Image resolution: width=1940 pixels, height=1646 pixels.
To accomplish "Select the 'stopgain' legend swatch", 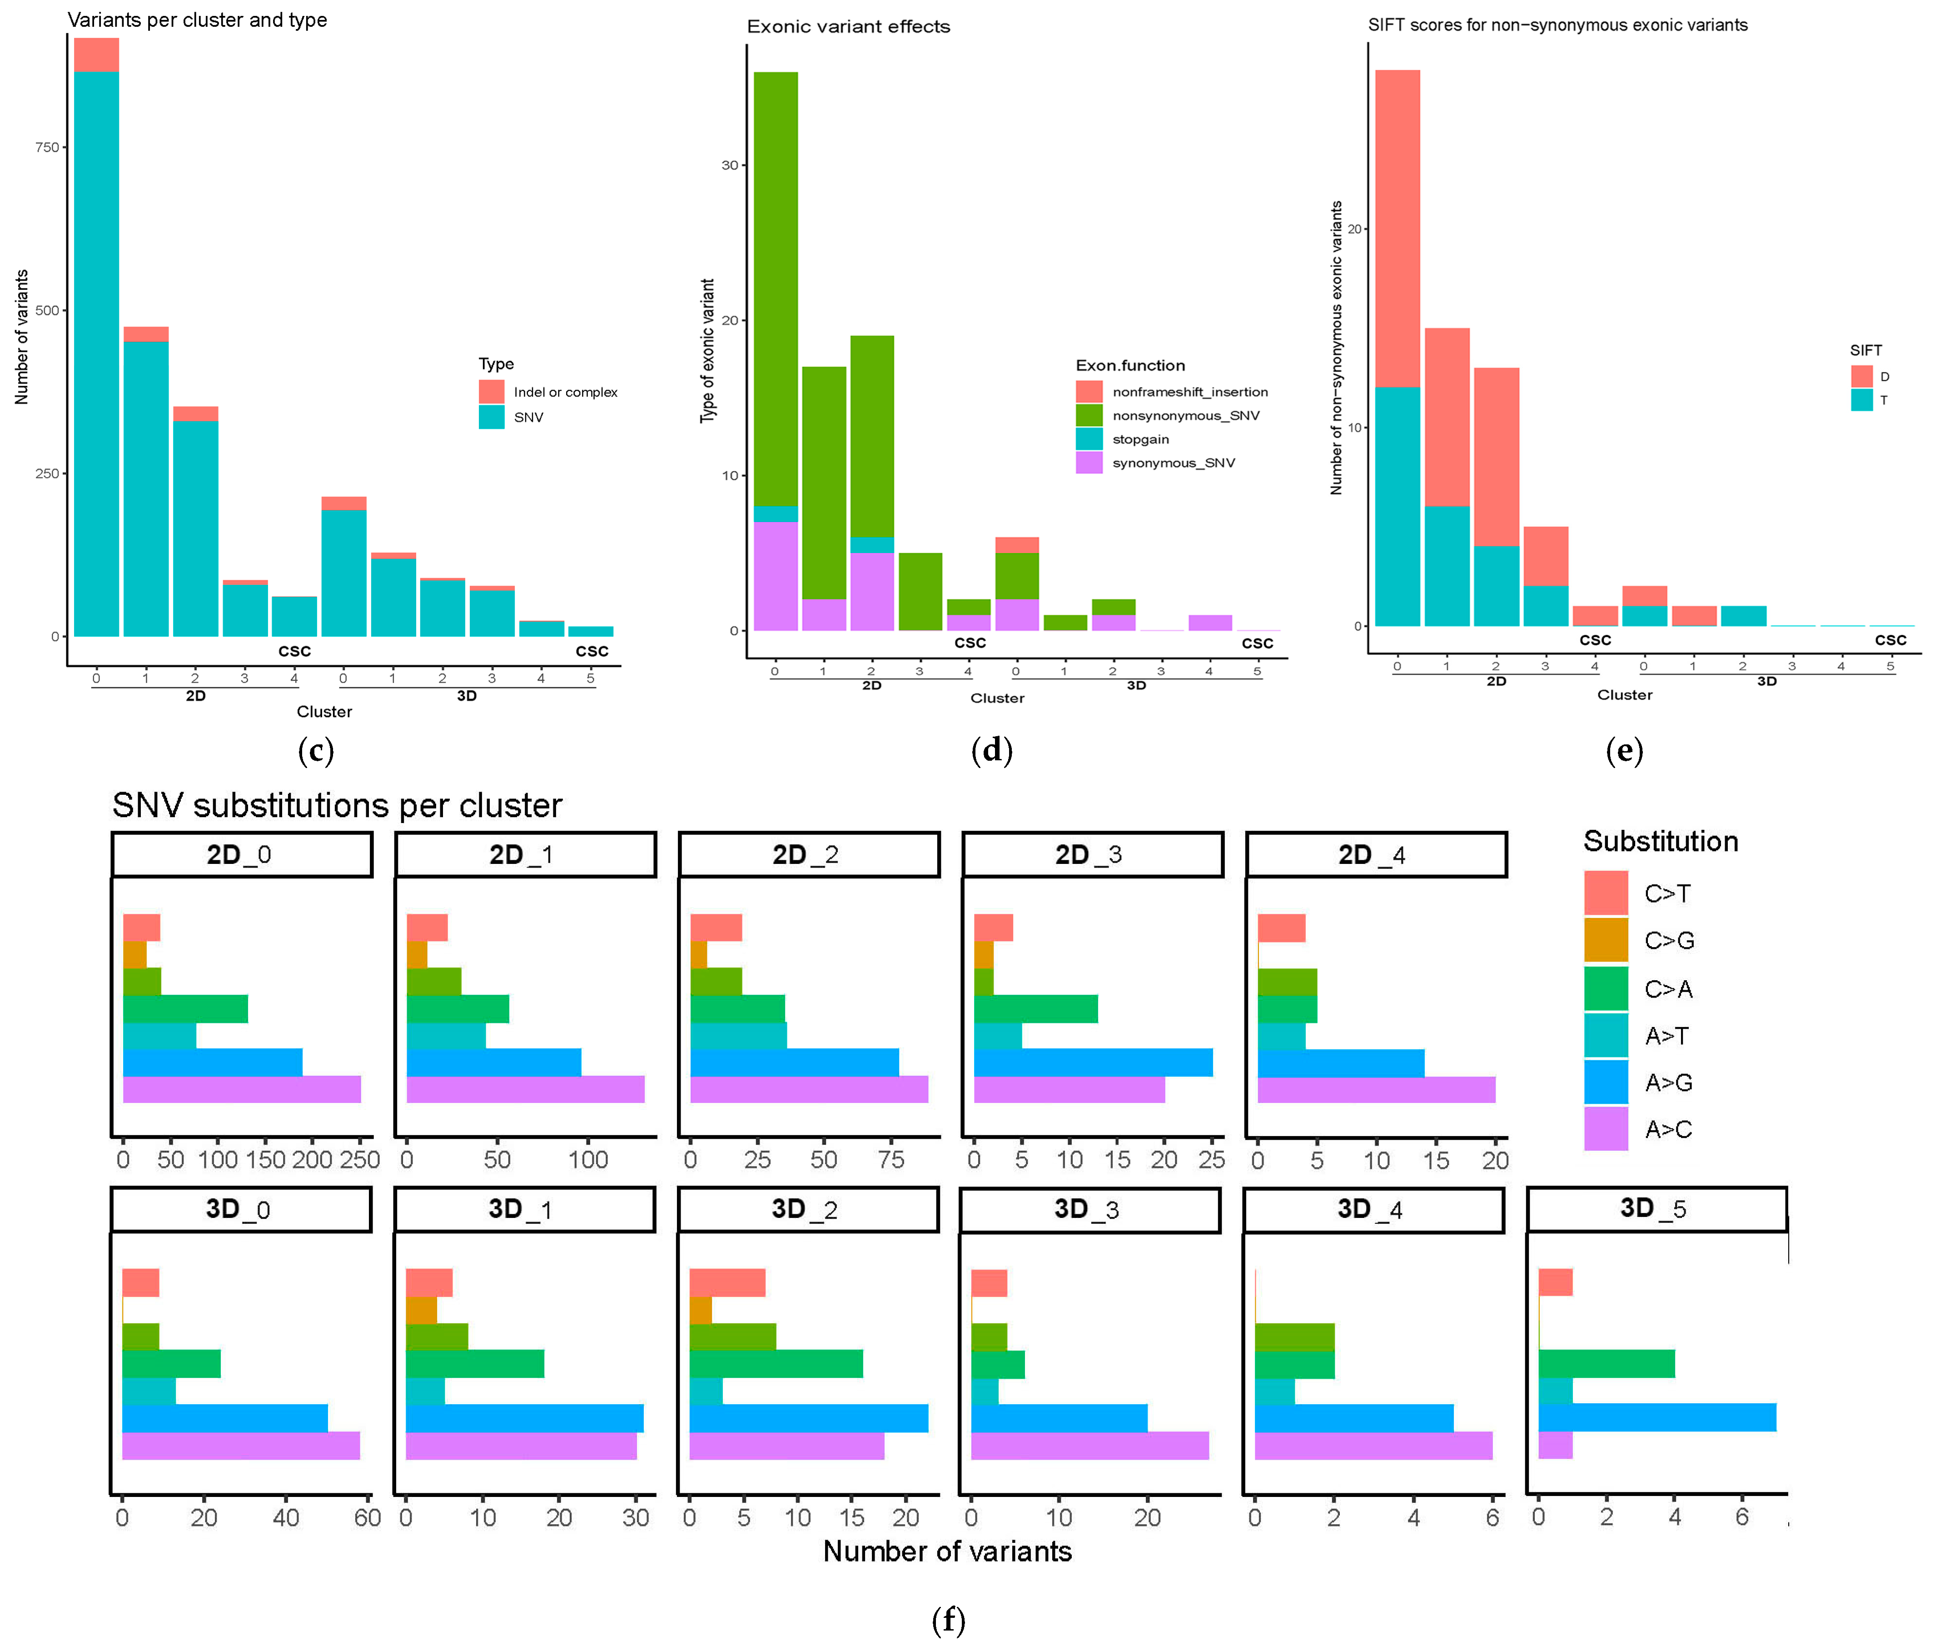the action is pyautogui.click(x=1089, y=439).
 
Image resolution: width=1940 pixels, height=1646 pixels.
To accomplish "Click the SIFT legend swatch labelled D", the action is pyautogui.click(x=1862, y=376).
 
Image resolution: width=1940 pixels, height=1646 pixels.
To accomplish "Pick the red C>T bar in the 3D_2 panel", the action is pyautogui.click(x=727, y=1283).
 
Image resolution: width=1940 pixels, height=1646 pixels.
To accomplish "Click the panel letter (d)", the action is pyautogui.click(x=991, y=750).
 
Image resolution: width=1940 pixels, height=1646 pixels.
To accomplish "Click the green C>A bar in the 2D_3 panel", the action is pyautogui.click(x=1036, y=1009).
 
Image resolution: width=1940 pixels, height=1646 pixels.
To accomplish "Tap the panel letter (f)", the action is pyautogui.click(x=949, y=1621).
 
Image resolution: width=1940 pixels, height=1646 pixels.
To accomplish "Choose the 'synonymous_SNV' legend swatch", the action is pyautogui.click(x=1089, y=463).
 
